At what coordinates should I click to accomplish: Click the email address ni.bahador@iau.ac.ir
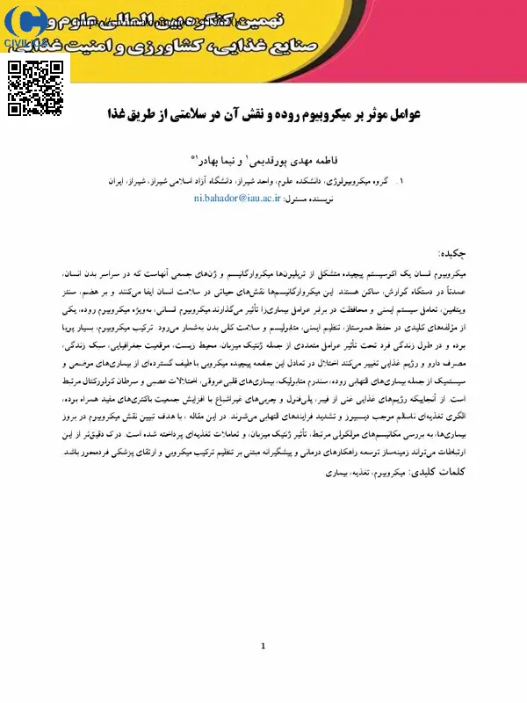[x=237, y=199]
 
